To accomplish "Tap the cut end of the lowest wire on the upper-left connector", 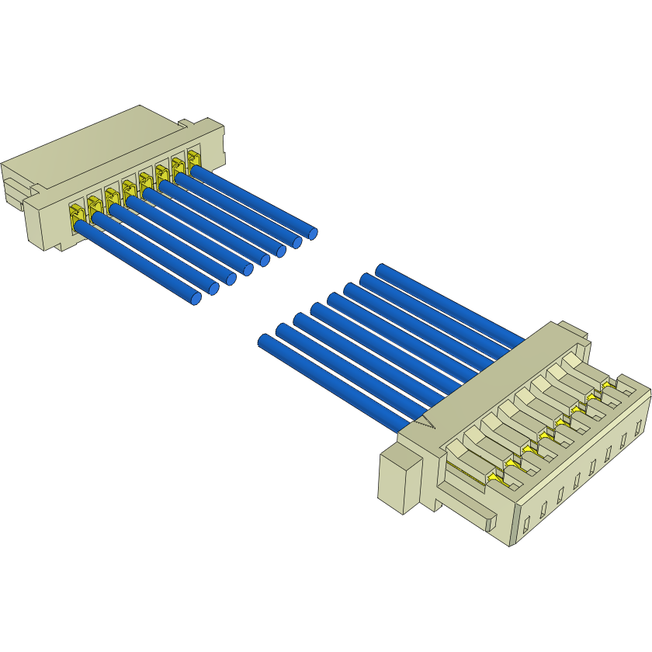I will point(196,298).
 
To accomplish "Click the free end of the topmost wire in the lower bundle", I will point(381,269).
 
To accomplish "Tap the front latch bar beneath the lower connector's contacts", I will point(466,508).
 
